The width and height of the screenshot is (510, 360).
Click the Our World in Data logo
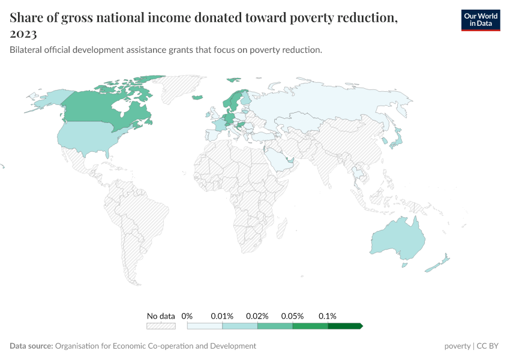tap(480, 20)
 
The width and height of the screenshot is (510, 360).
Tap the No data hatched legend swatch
tap(161, 326)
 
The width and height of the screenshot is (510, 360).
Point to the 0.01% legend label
tap(222, 316)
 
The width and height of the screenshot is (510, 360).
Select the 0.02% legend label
tap(257, 316)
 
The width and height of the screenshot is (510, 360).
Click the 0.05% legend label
tap(293, 316)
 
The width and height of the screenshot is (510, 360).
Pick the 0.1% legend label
tap(328, 316)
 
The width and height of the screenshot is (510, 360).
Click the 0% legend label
tap(187, 316)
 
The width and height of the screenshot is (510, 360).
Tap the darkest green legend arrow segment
tap(345, 326)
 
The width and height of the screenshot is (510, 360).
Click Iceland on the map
tap(197, 98)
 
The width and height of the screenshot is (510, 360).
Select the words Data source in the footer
tap(31, 346)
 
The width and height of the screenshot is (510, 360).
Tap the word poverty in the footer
tap(457, 346)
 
